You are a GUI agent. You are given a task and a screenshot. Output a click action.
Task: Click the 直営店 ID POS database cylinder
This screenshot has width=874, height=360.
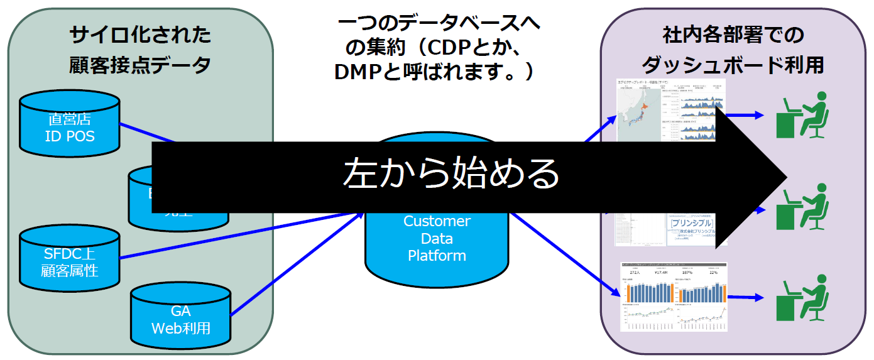tap(69, 126)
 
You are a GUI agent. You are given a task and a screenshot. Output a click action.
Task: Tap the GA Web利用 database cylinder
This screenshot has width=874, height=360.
tap(180, 318)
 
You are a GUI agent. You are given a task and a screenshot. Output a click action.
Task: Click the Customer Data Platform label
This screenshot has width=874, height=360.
tap(437, 239)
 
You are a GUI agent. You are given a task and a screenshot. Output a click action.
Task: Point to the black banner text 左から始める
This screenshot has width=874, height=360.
tap(451, 173)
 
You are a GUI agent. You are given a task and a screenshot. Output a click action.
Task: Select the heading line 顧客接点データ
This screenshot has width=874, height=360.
tap(141, 65)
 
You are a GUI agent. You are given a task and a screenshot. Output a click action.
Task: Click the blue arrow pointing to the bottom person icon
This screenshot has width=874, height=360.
tap(745, 297)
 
